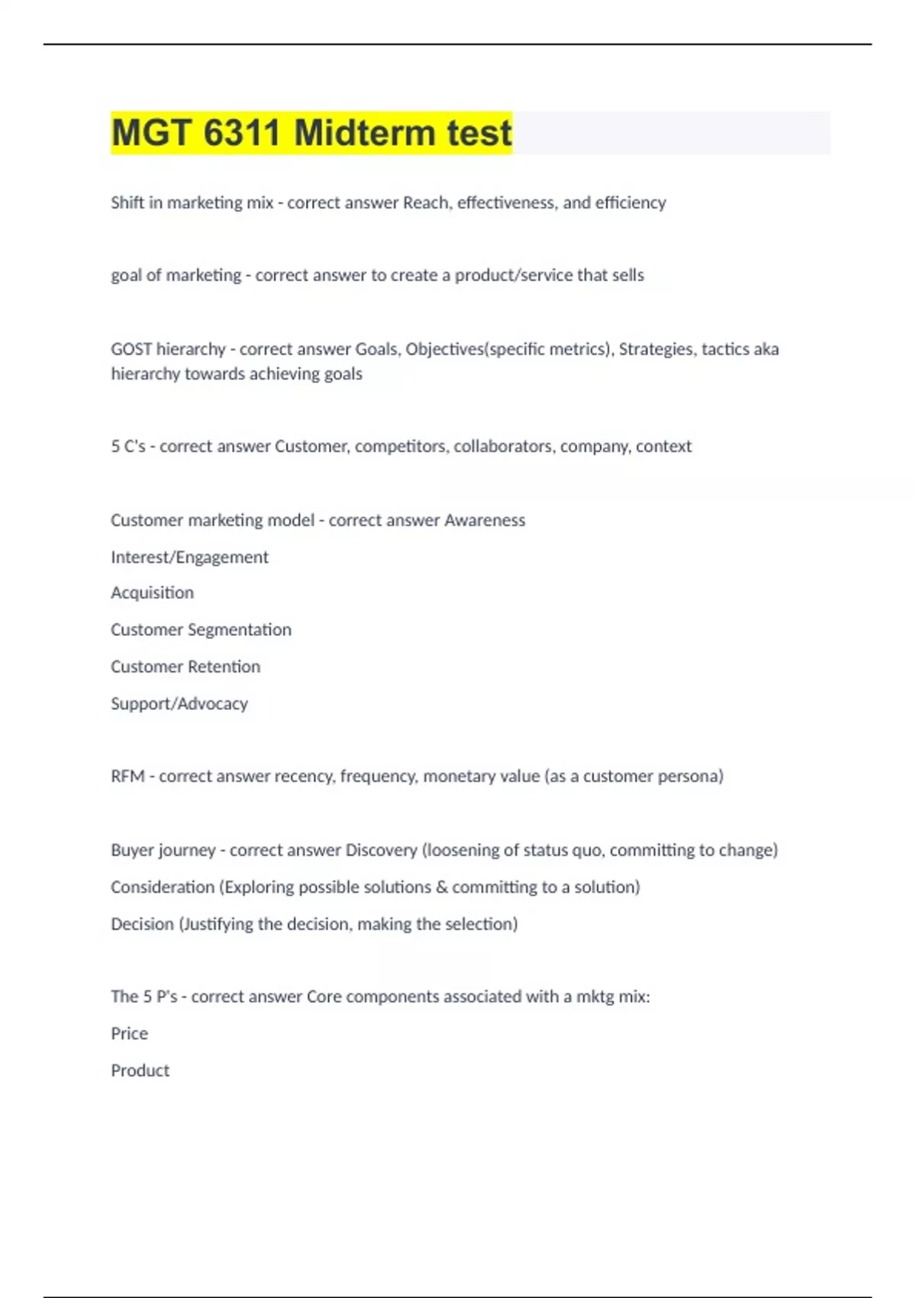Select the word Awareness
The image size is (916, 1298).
pyautogui.click(x=485, y=520)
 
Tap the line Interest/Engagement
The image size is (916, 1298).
pyautogui.click(x=189, y=557)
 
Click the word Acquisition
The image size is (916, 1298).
pyautogui.click(x=152, y=592)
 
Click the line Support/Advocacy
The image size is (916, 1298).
pyautogui.click(x=179, y=703)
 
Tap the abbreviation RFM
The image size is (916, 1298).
pyautogui.click(x=127, y=777)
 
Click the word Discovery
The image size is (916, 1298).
pyautogui.click(x=381, y=850)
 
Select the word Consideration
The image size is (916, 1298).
pyautogui.click(x=163, y=887)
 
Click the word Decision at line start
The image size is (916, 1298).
pyautogui.click(x=142, y=924)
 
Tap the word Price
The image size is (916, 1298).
pyautogui.click(x=129, y=1034)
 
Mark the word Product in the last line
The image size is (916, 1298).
pyautogui.click(x=140, y=1070)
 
